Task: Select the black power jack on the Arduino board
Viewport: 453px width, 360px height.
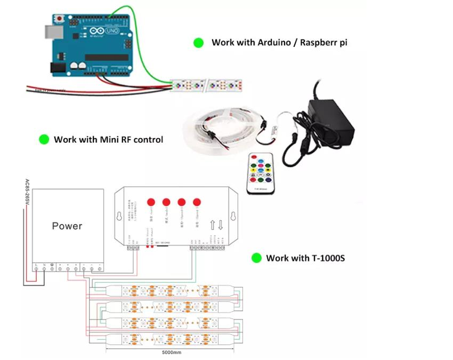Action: point(59,68)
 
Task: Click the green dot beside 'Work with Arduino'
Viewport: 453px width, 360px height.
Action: point(199,43)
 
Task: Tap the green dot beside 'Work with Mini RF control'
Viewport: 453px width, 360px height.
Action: point(44,139)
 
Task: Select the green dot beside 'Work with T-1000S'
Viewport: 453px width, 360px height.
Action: point(256,258)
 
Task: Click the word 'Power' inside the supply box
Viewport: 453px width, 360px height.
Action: point(67,226)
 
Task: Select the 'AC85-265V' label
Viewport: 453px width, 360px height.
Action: point(27,194)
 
